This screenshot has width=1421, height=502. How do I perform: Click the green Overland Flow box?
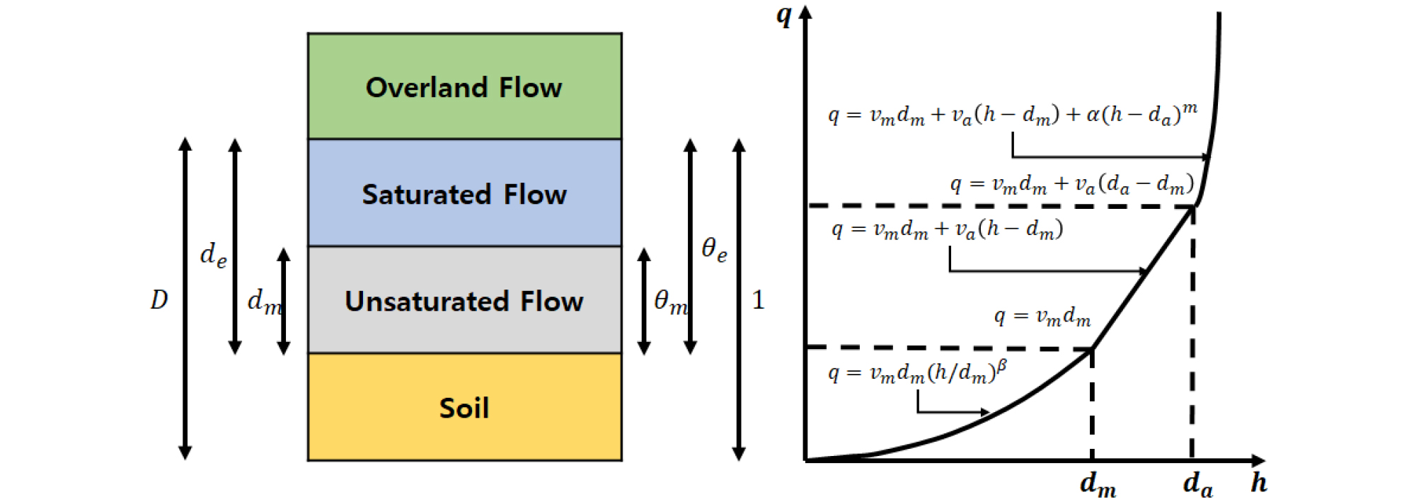tap(464, 86)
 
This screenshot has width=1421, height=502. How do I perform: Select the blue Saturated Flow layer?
tap(464, 193)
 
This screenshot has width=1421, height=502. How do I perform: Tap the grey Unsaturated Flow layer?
tap(464, 300)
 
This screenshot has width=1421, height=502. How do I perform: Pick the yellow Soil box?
tap(464, 407)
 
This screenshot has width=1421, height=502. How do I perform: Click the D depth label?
tap(159, 300)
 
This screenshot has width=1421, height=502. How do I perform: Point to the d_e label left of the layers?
tap(213, 254)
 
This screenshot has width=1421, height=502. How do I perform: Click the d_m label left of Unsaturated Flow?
tap(264, 302)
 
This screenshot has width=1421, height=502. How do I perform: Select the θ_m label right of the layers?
tap(670, 302)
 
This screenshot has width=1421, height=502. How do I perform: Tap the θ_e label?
tap(714, 249)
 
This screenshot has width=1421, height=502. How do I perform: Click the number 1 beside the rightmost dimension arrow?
tap(758, 300)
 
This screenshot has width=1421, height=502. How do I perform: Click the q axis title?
tap(783, 16)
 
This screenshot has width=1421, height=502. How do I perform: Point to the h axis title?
tap(1258, 483)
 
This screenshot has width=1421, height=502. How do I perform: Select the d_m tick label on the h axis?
tap(1098, 485)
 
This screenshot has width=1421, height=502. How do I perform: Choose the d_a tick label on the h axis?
tap(1197, 485)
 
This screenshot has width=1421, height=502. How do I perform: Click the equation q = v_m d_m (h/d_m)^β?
tap(917, 372)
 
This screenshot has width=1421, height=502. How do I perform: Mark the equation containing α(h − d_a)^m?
tap(1013, 113)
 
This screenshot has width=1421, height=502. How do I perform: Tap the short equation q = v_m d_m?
tap(1042, 316)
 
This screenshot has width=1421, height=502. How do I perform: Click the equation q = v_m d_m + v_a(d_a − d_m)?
tap(1071, 184)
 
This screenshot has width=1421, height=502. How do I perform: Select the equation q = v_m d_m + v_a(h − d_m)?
tap(947, 229)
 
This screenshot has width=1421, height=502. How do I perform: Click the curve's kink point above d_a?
tap(1194, 206)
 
